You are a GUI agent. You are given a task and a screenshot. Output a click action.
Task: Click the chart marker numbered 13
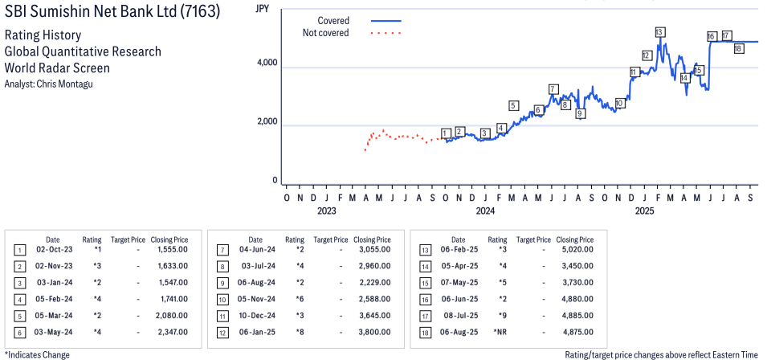click(x=659, y=32)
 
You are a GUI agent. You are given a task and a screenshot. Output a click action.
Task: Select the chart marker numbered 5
click(x=513, y=105)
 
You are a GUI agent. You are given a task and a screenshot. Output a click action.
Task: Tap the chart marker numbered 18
click(x=738, y=48)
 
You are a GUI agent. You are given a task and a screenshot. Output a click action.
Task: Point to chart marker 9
click(x=580, y=113)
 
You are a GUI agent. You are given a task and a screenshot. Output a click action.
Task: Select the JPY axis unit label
click(x=262, y=9)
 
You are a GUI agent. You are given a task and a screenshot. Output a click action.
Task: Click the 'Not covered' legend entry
click(x=325, y=33)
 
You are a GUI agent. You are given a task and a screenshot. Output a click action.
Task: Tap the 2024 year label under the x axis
click(x=484, y=211)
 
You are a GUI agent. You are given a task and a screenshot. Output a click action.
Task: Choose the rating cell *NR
click(x=499, y=332)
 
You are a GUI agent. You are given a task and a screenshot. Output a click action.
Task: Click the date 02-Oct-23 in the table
click(x=52, y=250)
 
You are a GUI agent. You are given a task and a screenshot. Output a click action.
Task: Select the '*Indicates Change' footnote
click(x=37, y=354)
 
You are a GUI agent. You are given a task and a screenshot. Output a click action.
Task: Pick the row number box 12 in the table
click(x=222, y=332)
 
